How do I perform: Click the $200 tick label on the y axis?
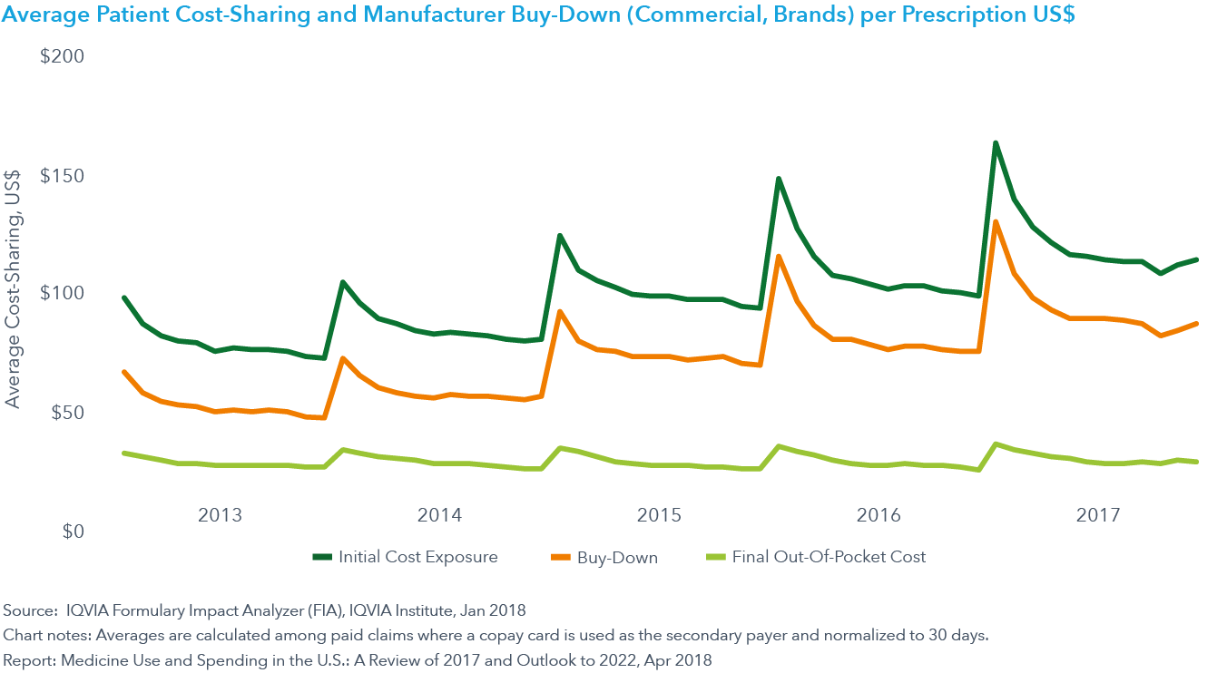pyautogui.click(x=62, y=56)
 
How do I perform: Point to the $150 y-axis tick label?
pyautogui.click(x=62, y=175)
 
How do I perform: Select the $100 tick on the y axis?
pyautogui.click(x=62, y=293)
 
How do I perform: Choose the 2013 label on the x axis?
pyautogui.click(x=220, y=515)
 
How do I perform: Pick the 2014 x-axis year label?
pyautogui.click(x=439, y=515)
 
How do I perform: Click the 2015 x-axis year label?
pyautogui.click(x=659, y=515)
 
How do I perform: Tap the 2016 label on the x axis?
pyautogui.click(x=879, y=515)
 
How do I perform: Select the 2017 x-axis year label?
pyautogui.click(x=1098, y=515)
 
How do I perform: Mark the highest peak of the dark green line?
pyautogui.click(x=996, y=143)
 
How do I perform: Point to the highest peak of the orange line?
pyautogui.click(x=996, y=222)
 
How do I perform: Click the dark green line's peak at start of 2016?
pyautogui.click(x=778, y=179)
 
